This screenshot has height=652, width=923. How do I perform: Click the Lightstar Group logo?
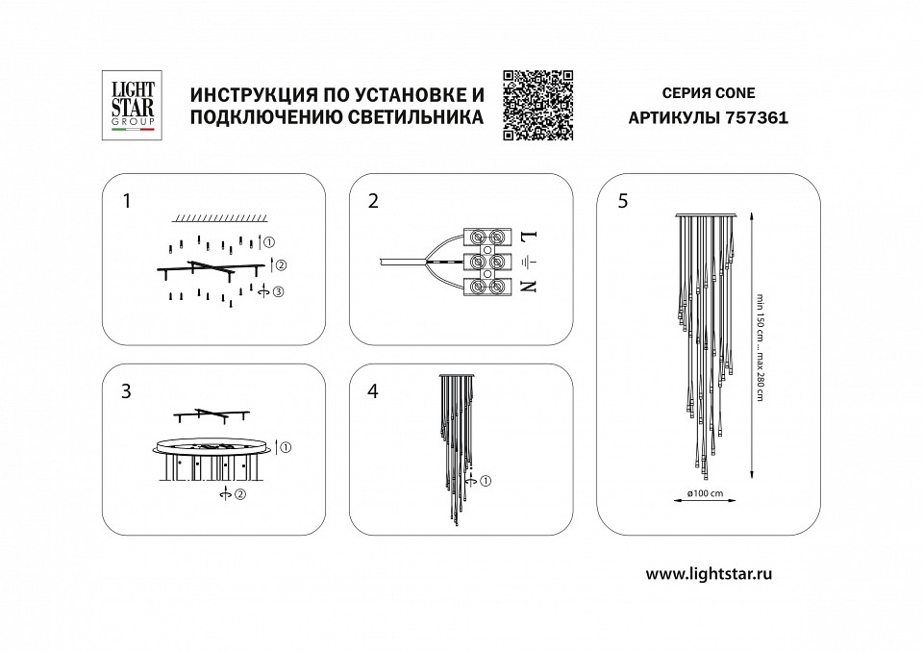click(x=128, y=107)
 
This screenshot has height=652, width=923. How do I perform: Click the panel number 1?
click(x=127, y=201)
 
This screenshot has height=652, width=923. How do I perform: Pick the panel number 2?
click(x=374, y=201)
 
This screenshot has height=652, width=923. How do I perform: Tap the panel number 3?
click(x=127, y=391)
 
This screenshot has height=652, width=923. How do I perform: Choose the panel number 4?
click(x=374, y=391)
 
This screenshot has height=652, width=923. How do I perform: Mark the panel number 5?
click(x=623, y=201)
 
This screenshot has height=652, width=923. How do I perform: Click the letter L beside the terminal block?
click(x=528, y=236)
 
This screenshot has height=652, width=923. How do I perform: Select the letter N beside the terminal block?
click(x=528, y=286)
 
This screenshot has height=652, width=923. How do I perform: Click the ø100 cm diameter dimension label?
click(x=705, y=493)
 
